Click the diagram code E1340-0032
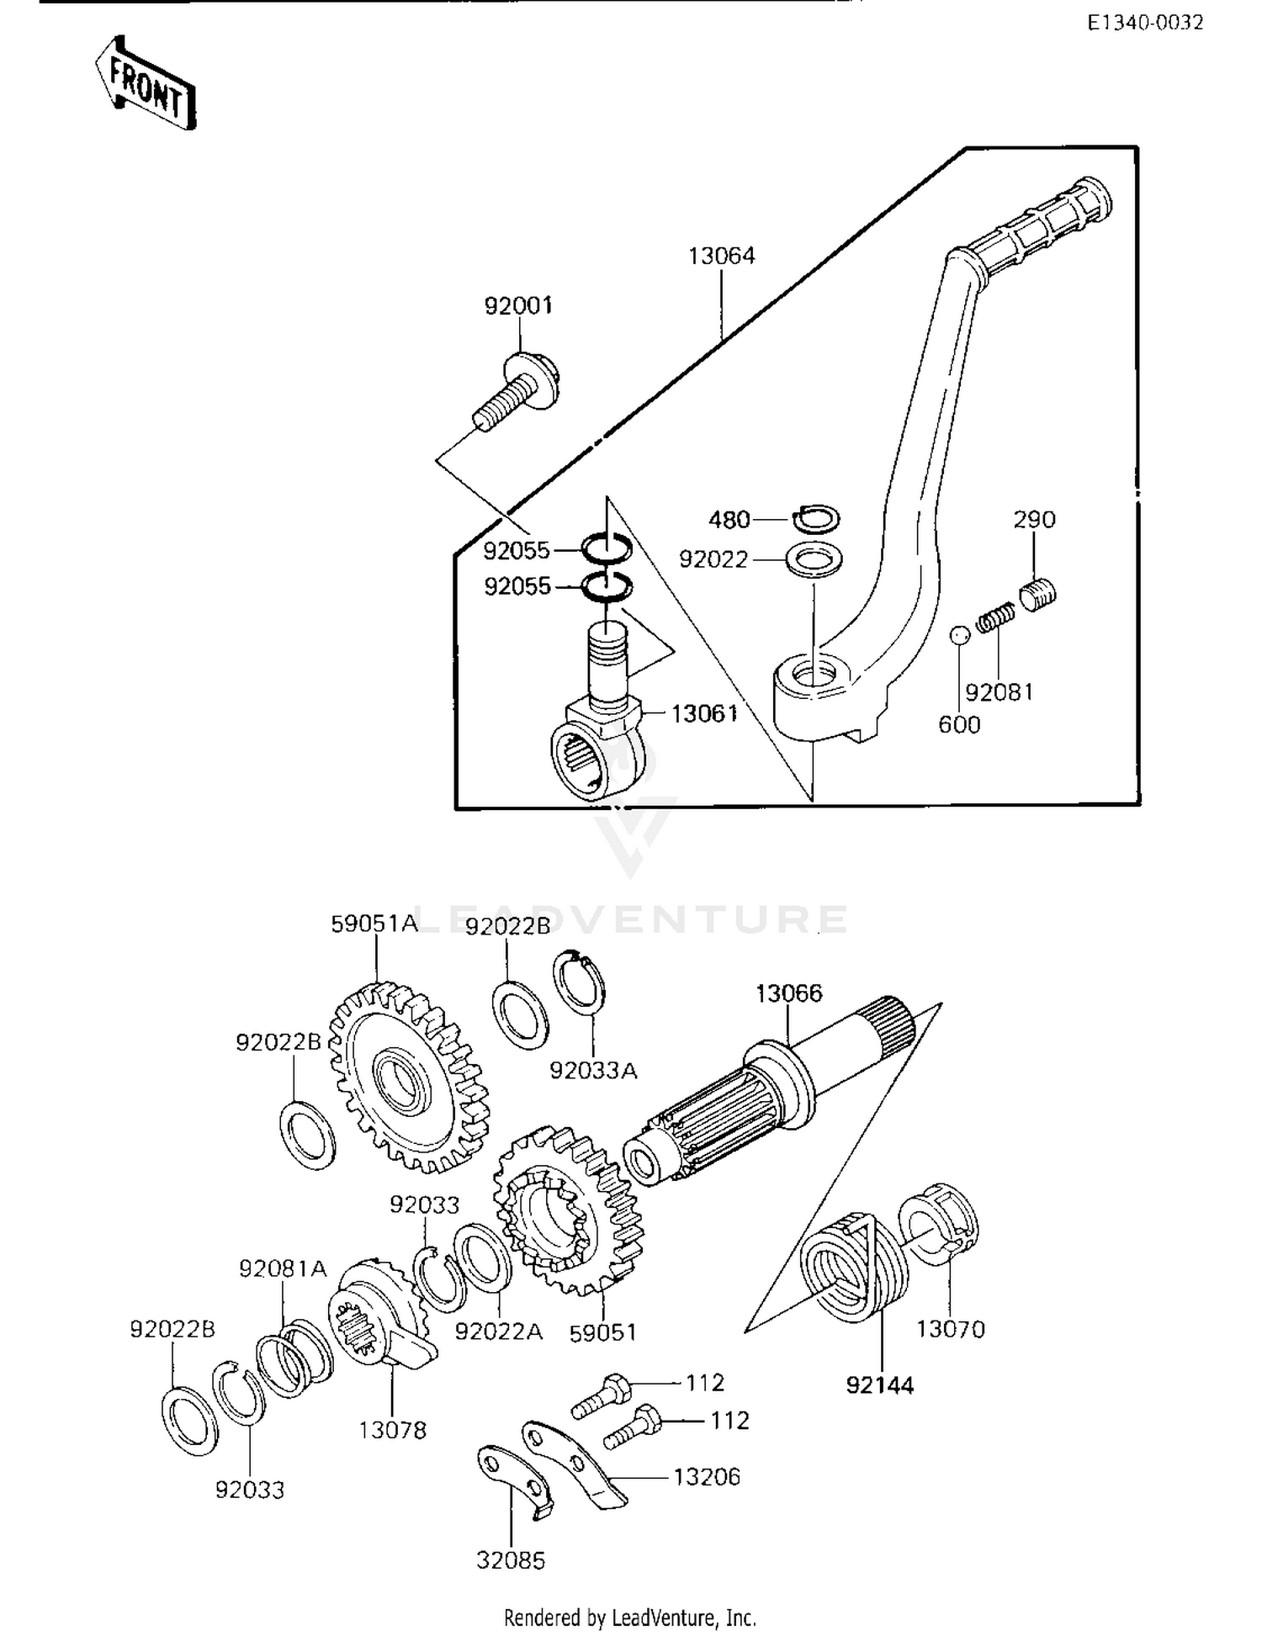pyautogui.click(x=1145, y=23)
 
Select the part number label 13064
pyautogui.click(x=721, y=256)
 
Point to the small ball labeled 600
pyautogui.click(x=960, y=634)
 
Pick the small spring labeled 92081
pyautogui.click(x=997, y=619)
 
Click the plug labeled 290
pyautogui.click(x=1038, y=593)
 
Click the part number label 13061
pyautogui.click(x=704, y=713)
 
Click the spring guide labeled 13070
pyautogui.click(x=940, y=1226)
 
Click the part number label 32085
pyautogui.click(x=511, y=1560)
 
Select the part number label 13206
pyautogui.click(x=707, y=1476)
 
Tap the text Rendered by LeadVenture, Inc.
pyautogui.click(x=630, y=1617)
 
